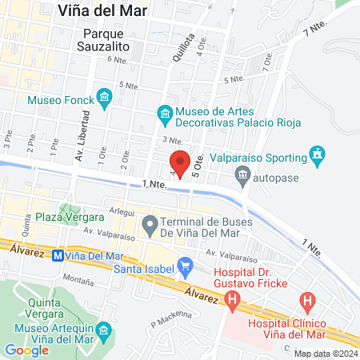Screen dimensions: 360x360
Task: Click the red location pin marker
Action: pos(182,163)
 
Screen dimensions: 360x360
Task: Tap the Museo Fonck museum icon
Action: pos(103,99)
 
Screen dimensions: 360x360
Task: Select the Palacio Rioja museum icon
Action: pos(165,113)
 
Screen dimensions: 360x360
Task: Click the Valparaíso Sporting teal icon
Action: pos(318,154)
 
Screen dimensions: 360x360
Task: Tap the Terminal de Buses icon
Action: pos(150,226)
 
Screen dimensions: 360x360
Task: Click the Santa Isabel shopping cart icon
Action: pos(185,264)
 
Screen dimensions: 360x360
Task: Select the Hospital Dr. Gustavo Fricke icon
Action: pos(233,302)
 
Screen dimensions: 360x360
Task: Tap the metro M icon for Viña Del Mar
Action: pos(57,256)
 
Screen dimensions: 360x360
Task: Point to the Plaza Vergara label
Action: pos(70,217)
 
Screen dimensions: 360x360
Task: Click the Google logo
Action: pos(27,350)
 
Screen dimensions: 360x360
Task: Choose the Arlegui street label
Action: pos(122,212)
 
